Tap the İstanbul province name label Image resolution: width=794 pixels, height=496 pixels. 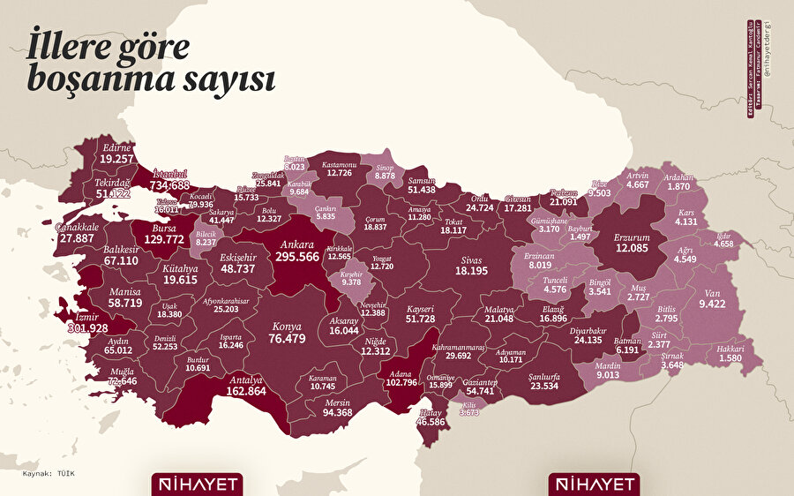coord(172,172)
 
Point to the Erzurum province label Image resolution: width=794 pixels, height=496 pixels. coord(632,238)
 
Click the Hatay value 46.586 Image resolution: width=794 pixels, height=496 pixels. coord(431,422)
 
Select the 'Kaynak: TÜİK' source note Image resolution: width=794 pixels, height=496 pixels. coord(49,474)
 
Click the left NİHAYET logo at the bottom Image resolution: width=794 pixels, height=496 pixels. coord(195,484)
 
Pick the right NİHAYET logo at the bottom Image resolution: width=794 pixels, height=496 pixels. coord(593,484)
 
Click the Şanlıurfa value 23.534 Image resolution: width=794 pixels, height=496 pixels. coord(541,385)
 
